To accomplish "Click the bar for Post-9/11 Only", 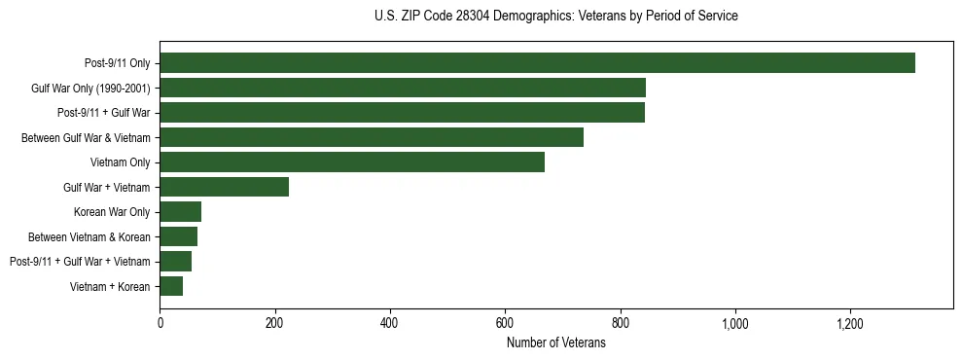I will click(x=537, y=63).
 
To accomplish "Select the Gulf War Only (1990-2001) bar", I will click(x=403, y=88).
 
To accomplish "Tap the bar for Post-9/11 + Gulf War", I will click(x=402, y=113).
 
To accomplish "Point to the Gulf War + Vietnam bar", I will click(x=224, y=187).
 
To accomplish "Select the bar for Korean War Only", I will click(x=180, y=211).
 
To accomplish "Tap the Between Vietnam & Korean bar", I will click(x=178, y=236).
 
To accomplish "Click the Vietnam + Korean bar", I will click(x=171, y=286).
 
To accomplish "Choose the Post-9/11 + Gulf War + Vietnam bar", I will click(x=175, y=261).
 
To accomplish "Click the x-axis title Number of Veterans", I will click(x=555, y=342).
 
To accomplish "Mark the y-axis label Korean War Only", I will click(x=112, y=212).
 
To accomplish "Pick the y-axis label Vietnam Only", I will click(x=120, y=162).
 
